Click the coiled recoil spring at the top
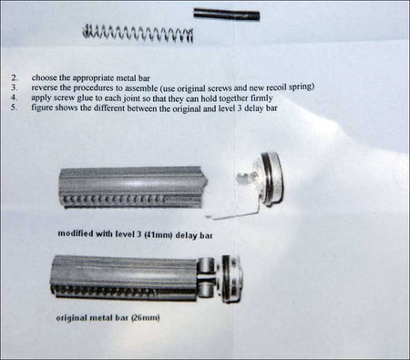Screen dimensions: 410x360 coord(138,33)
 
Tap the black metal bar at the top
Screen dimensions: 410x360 coord(227,15)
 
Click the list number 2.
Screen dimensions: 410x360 coord(15,77)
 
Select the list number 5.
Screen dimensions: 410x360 coord(14,108)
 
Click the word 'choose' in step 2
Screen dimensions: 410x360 coord(44,77)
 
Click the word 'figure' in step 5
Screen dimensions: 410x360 coord(42,108)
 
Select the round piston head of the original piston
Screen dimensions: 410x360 coord(232,279)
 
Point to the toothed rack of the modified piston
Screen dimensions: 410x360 coord(114,200)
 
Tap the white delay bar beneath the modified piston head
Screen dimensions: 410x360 coord(232,213)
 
